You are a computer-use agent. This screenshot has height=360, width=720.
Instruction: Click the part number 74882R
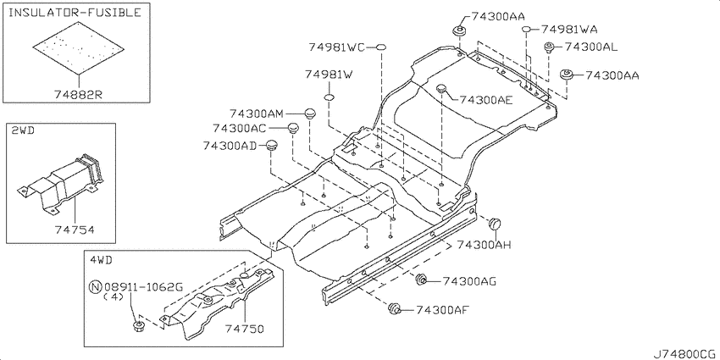click(x=78, y=94)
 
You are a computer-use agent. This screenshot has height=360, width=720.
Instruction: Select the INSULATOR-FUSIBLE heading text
click(x=75, y=13)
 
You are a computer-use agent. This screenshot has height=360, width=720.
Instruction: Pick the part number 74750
click(x=245, y=328)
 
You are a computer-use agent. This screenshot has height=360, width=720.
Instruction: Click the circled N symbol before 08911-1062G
click(x=95, y=288)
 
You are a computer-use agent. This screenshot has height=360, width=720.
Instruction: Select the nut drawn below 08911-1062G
click(x=137, y=326)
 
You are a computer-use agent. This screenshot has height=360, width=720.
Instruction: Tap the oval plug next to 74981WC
click(x=381, y=47)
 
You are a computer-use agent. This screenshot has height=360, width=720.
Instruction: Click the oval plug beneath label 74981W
click(x=330, y=97)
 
